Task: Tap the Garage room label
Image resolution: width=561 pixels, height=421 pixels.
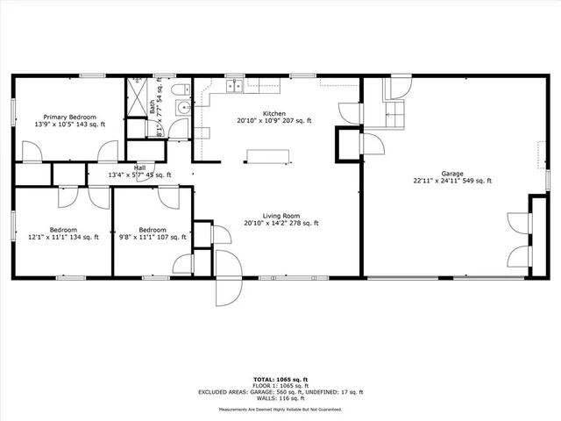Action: (x=452, y=174)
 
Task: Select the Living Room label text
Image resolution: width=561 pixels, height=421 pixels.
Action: (x=281, y=215)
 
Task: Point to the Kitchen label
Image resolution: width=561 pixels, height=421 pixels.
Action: (x=274, y=113)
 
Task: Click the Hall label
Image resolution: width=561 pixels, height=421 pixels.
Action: (x=139, y=168)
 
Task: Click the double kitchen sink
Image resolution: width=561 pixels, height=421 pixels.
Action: (x=235, y=86)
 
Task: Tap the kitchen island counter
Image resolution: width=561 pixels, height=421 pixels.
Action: (x=267, y=156)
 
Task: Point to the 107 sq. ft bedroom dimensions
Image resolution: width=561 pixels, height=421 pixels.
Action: (x=152, y=237)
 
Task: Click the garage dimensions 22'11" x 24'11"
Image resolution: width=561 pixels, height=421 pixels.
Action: (x=452, y=181)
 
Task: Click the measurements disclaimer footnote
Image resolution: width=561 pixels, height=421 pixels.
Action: (x=281, y=408)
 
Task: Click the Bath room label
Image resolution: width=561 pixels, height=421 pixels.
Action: (x=152, y=108)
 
